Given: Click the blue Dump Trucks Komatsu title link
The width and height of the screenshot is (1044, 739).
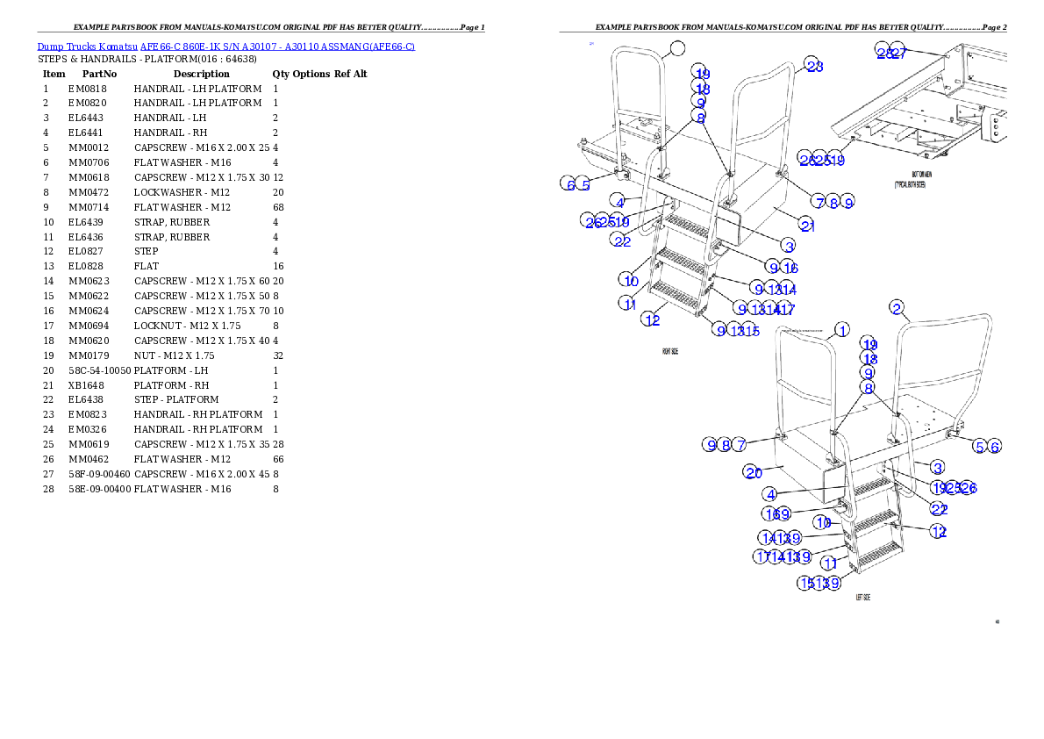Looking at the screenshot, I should [x=225, y=46].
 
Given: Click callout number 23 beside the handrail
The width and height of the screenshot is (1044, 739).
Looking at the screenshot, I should [x=815, y=66].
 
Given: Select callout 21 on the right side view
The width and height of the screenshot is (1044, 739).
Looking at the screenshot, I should [x=808, y=226].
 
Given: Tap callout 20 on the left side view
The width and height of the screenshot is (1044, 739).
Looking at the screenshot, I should [x=754, y=472].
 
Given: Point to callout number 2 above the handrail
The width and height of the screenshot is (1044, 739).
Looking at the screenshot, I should [x=896, y=307].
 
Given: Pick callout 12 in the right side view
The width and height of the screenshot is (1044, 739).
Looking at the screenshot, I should [x=652, y=319].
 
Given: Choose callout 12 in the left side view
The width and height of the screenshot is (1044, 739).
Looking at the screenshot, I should [x=939, y=531].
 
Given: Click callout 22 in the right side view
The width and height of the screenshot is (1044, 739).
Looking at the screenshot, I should [x=622, y=241].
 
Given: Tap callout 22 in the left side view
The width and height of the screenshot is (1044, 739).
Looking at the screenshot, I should [x=939, y=509].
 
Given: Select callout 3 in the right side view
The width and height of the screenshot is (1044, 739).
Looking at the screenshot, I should [x=790, y=247].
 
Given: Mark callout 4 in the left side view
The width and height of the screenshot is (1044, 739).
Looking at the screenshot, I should [x=769, y=494].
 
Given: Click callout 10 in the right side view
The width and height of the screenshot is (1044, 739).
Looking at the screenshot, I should [x=631, y=281].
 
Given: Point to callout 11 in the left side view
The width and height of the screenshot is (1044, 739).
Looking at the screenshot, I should [x=829, y=563].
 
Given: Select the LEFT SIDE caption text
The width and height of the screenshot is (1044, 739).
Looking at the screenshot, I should [x=863, y=597].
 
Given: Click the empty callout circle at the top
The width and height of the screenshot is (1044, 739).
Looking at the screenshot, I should [x=677, y=47].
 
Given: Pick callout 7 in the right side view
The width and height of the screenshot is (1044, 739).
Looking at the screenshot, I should [x=818, y=202].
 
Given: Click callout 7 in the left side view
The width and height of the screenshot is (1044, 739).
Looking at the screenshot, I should [x=740, y=445].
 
